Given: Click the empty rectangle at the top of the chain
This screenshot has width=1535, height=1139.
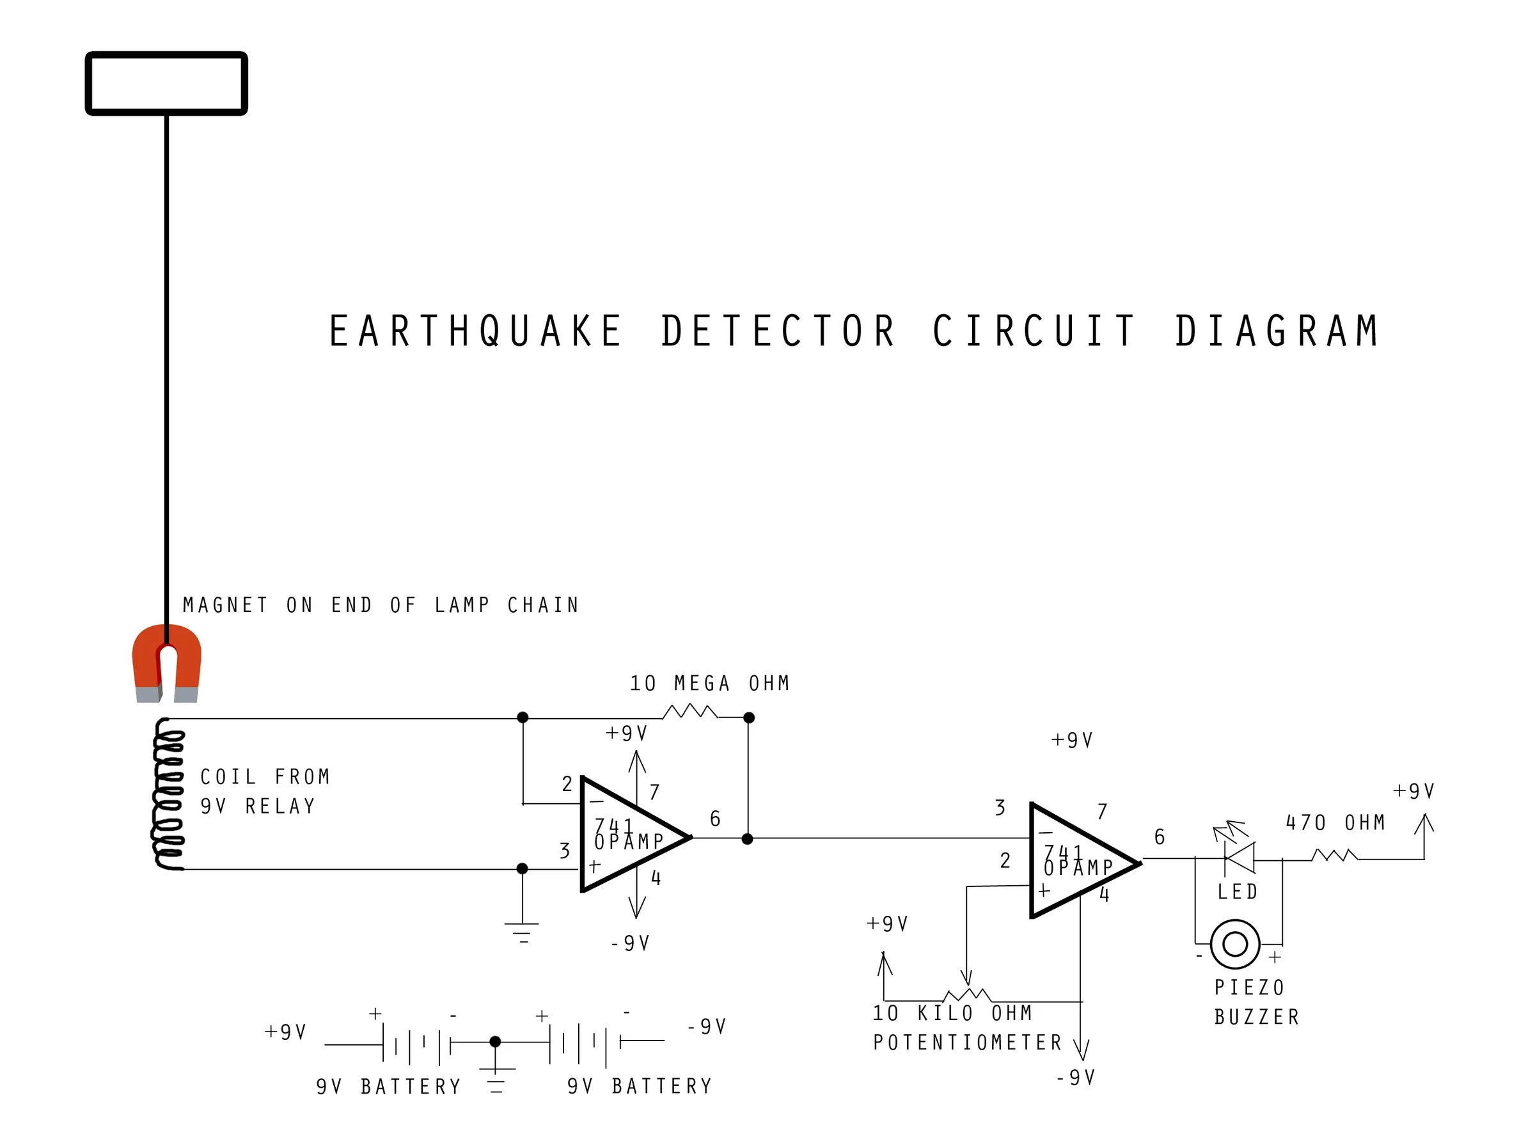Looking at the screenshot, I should click(x=166, y=82).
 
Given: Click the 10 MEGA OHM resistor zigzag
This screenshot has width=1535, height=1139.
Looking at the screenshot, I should click(x=689, y=712).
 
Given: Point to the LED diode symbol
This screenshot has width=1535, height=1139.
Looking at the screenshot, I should click(x=1238, y=858).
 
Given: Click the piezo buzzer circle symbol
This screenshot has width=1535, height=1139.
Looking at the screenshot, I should click(x=1235, y=944).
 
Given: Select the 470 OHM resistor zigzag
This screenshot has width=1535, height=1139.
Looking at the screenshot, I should click(x=1334, y=856).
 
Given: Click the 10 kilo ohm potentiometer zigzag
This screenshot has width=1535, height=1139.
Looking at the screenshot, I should click(x=967, y=995).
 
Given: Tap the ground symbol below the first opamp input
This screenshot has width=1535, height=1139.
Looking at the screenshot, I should click(x=522, y=931).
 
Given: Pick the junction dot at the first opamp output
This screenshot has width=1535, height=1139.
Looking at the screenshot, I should click(x=747, y=839).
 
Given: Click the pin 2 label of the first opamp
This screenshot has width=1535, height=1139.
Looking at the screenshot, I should click(x=567, y=784).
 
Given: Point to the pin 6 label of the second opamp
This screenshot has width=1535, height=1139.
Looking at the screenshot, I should click(x=1159, y=837).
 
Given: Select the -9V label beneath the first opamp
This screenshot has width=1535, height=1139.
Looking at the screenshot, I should click(x=630, y=943).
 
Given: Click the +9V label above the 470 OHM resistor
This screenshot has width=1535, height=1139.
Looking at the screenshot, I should click(x=1413, y=791).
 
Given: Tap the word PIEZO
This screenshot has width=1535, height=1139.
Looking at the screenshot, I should click(x=1250, y=988).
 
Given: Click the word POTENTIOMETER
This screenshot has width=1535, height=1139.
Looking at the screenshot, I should click(x=968, y=1042).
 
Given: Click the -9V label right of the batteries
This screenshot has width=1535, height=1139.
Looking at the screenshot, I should click(x=707, y=1027).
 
